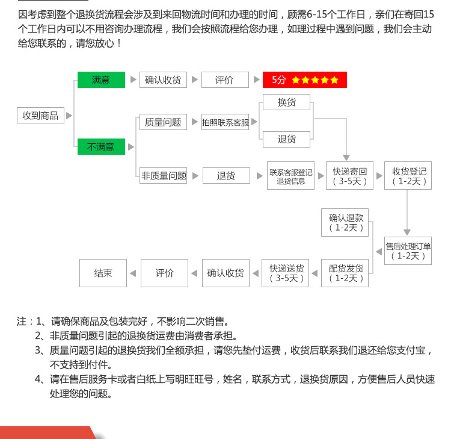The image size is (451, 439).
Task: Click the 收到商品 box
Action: tap(40, 116)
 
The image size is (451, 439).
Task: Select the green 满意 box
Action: tap(101, 79)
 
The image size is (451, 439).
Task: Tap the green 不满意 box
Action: tap(101, 146)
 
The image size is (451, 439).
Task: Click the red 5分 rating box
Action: tap(305, 79)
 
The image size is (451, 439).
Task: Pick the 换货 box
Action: tap(287, 102)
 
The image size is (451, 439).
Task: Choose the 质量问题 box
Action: tap(163, 122)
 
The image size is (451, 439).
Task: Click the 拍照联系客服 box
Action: tap(226, 122)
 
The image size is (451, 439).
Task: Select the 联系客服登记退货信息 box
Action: tap(291, 176)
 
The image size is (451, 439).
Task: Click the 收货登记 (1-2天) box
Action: tap(408, 176)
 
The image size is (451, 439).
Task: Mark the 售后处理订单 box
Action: tap(408, 251)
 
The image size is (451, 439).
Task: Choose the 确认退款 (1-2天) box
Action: tap(346, 222)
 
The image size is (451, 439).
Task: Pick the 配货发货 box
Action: tap(346, 273)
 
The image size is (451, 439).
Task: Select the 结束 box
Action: tap(103, 273)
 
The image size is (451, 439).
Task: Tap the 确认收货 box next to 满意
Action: tap(163, 79)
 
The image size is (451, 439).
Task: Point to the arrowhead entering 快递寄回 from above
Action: tap(346, 157)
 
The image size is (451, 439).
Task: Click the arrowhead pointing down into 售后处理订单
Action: tap(407, 232)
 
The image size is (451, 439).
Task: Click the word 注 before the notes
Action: tap(22, 322)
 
